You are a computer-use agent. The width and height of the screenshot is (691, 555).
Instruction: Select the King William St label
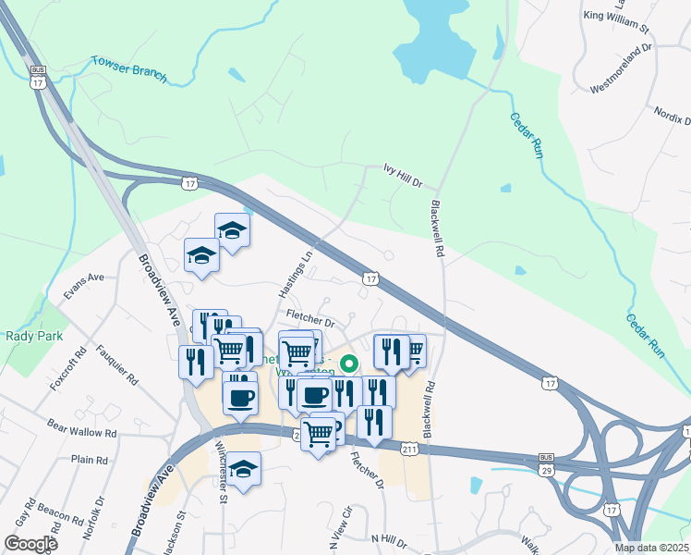(618, 15)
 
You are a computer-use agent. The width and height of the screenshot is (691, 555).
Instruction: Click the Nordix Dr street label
(672, 121)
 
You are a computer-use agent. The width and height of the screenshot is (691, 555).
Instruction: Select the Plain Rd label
(90, 460)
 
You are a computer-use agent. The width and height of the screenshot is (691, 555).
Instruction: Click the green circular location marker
(349, 364)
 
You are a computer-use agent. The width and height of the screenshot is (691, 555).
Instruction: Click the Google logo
(30, 544)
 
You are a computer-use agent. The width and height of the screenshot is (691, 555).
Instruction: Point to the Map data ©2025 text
(650, 548)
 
